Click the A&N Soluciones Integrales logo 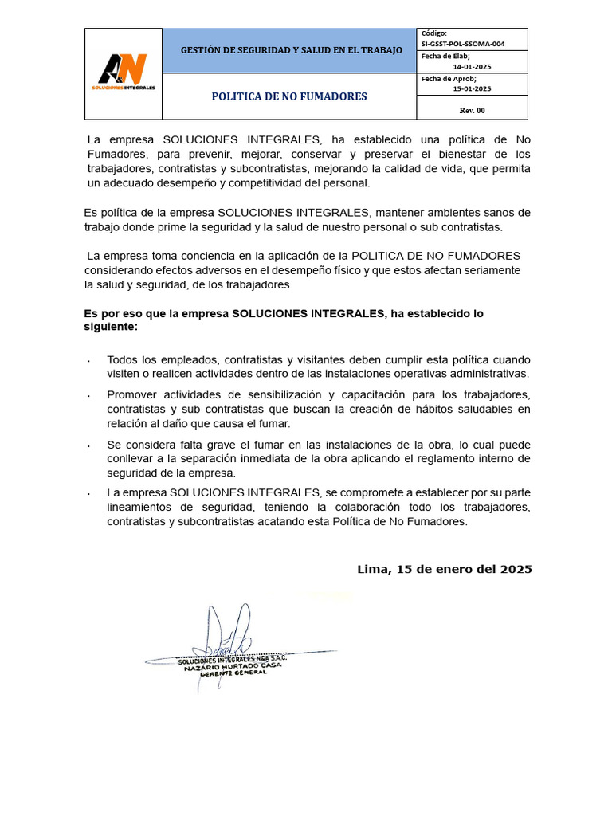coord(123,73)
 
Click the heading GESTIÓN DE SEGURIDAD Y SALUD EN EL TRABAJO coord(291,50)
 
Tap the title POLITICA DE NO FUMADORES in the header coord(289,96)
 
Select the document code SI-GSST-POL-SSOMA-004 coord(464,44)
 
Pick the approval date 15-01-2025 coord(472,89)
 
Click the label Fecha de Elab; coord(445,56)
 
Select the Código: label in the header coord(434,33)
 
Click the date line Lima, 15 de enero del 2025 coord(444,569)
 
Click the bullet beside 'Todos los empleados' coord(88,361)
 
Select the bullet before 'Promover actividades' coord(88,396)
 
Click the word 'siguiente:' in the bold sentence coord(111,327)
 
